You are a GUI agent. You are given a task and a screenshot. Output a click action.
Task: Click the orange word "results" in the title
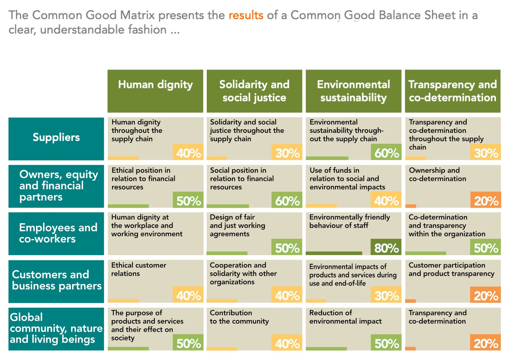246,15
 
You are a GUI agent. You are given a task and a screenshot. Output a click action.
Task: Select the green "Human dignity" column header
155,91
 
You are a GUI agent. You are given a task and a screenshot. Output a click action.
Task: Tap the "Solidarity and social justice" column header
254,91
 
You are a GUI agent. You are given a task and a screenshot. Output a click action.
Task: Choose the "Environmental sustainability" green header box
353,91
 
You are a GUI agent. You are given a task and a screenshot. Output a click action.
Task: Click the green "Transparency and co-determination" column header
452,91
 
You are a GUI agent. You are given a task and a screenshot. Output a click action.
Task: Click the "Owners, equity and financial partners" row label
56,186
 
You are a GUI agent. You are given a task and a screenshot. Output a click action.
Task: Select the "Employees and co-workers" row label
56,233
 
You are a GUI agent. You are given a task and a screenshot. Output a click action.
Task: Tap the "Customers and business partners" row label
56,281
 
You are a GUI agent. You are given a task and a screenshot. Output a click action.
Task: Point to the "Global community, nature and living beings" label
56,329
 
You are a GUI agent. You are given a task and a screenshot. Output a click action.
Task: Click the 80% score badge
386,247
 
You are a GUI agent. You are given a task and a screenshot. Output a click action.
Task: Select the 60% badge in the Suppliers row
386,152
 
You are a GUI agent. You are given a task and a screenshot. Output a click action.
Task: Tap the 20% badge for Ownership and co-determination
486,200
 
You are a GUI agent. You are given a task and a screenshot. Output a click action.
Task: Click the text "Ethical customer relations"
139,269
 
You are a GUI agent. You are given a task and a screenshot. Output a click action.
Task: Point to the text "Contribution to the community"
239,317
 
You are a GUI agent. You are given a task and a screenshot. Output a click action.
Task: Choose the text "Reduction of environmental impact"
345,317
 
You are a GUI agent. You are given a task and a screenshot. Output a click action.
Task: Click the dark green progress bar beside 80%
334,253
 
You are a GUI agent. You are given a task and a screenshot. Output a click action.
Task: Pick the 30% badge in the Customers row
386,295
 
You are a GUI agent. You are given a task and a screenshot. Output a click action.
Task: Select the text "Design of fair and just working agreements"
237,225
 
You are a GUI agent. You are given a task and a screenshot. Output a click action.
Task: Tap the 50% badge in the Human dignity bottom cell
188,342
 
